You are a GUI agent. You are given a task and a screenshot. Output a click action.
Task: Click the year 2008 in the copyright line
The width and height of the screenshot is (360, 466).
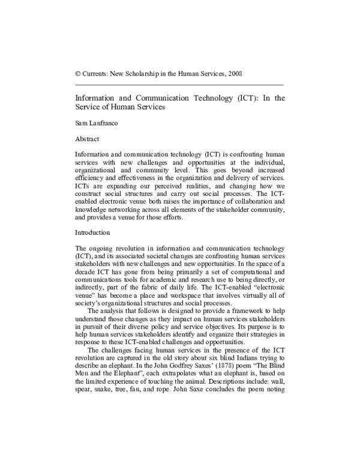tap(233, 73)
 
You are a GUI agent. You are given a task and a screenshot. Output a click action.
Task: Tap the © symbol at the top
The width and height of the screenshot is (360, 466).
tap(78, 73)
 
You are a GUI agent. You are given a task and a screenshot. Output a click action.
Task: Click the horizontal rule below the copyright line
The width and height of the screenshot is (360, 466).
tap(179, 85)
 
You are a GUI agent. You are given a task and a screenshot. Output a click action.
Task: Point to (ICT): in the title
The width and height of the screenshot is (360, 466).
tap(247, 97)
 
